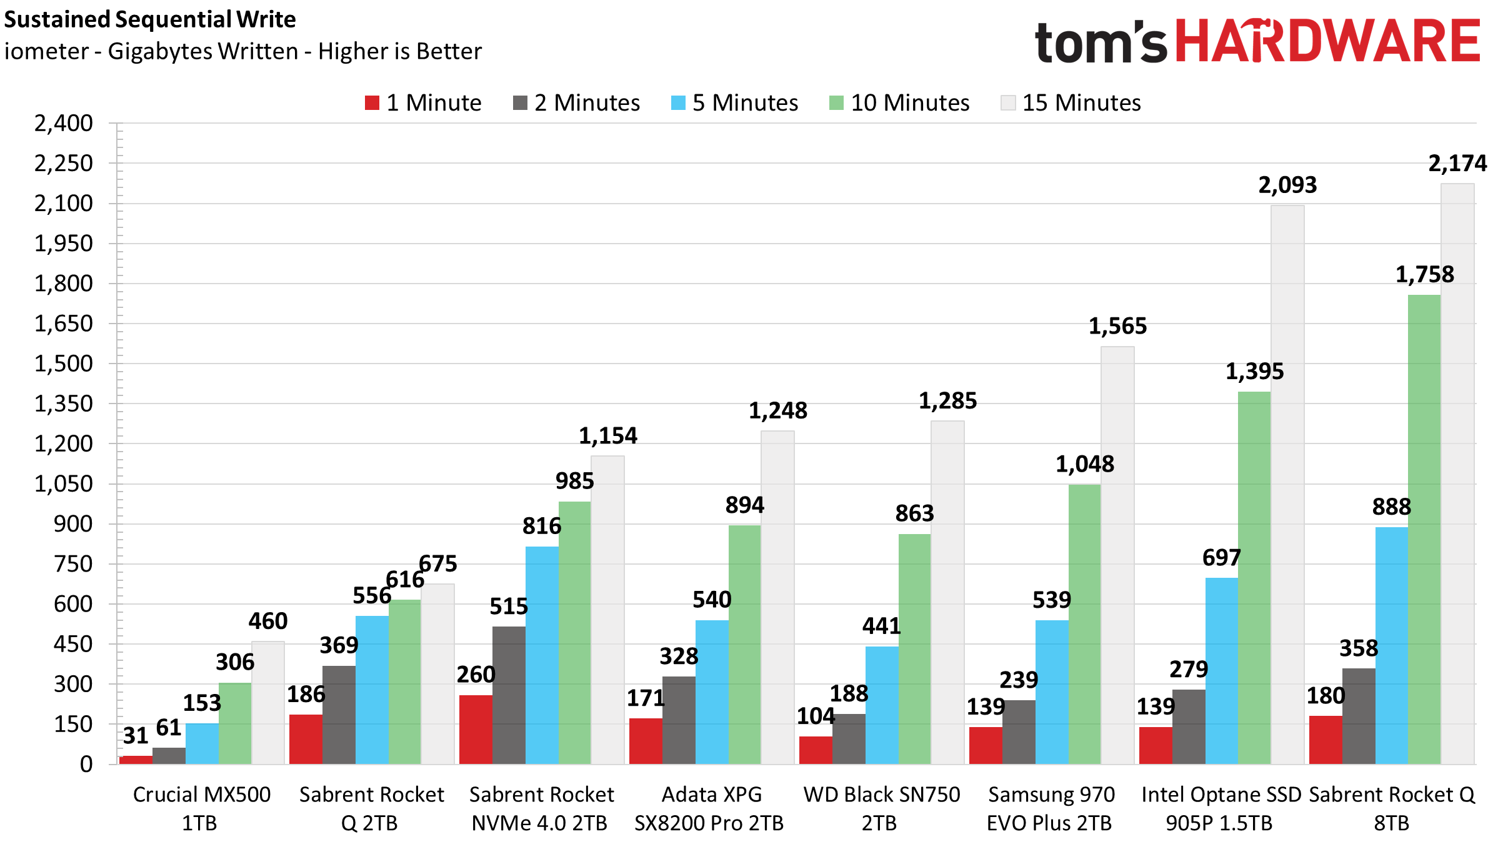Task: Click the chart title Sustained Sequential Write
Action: pyautogui.click(x=150, y=20)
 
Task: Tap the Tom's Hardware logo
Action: pyautogui.click(x=1256, y=41)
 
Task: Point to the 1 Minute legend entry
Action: pyautogui.click(x=423, y=103)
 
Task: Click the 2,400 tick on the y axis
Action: pyautogui.click(x=64, y=124)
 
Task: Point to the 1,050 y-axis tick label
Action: pyautogui.click(x=64, y=484)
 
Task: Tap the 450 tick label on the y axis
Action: pyautogui.click(x=73, y=644)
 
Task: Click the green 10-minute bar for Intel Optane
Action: pyautogui.click(x=1254, y=578)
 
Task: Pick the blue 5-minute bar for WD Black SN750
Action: pyautogui.click(x=882, y=705)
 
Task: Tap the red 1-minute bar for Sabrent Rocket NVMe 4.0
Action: pyautogui.click(x=476, y=730)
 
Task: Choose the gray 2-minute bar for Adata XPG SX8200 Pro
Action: pyautogui.click(x=679, y=720)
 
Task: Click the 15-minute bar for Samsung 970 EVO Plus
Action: pyautogui.click(x=1117, y=555)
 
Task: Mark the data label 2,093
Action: pyautogui.click(x=1287, y=186)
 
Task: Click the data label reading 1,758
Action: pyautogui.click(x=1425, y=275)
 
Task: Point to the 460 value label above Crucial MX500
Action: pyautogui.click(x=268, y=622)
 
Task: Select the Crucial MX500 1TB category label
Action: pyautogui.click(x=201, y=809)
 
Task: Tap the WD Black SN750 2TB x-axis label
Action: pyautogui.click(x=881, y=809)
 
